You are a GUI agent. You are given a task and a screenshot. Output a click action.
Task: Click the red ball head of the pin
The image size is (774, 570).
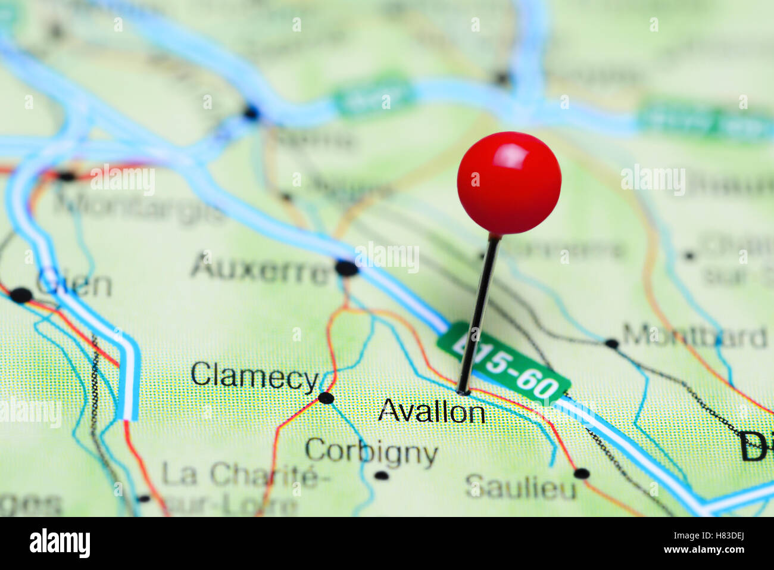[x=509, y=182]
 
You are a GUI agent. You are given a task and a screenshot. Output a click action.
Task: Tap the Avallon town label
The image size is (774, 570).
[x=432, y=411]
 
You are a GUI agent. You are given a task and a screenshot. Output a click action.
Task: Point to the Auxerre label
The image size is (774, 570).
[x=261, y=269]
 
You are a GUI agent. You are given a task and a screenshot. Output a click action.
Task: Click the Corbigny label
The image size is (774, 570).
[x=371, y=452]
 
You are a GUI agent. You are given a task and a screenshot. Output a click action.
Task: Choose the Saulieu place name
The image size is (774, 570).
[x=521, y=488]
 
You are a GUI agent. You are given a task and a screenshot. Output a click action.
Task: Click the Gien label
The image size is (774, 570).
[x=74, y=284]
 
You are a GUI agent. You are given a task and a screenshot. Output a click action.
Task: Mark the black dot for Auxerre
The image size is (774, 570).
[x=347, y=268]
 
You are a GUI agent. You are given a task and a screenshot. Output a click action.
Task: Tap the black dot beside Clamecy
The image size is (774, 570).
[x=326, y=397]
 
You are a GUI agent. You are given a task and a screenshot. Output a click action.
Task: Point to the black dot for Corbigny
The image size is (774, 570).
[x=381, y=475]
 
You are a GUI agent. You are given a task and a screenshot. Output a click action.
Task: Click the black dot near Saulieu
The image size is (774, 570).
[x=581, y=474]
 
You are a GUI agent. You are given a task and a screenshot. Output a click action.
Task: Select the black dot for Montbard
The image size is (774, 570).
[x=611, y=343]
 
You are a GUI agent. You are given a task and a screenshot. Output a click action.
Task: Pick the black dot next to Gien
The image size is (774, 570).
[x=21, y=295]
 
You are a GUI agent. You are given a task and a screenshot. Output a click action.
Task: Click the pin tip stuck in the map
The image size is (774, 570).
[x=463, y=391]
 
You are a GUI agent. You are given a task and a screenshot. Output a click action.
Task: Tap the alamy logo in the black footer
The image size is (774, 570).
[x=60, y=543]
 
